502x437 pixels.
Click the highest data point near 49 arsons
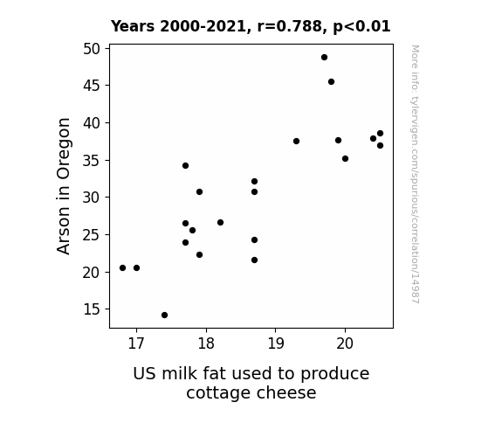(324, 58)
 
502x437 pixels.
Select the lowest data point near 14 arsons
(164, 316)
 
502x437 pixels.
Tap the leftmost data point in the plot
(122, 267)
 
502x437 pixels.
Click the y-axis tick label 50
(92, 49)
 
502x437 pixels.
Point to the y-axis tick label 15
(92, 309)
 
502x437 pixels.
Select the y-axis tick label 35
(92, 161)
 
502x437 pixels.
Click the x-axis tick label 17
(136, 343)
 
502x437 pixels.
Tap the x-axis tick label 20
(345, 343)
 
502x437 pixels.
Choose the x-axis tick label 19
(275, 343)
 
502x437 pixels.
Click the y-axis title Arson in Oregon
(64, 186)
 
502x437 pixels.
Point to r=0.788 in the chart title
(290, 26)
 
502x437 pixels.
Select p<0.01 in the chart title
(361, 26)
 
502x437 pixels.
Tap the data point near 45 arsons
(332, 82)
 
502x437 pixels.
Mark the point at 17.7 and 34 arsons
(185, 165)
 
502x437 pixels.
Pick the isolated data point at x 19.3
(296, 141)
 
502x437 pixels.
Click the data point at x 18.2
(220, 222)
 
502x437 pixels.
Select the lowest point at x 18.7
(255, 260)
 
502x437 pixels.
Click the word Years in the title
(133, 26)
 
